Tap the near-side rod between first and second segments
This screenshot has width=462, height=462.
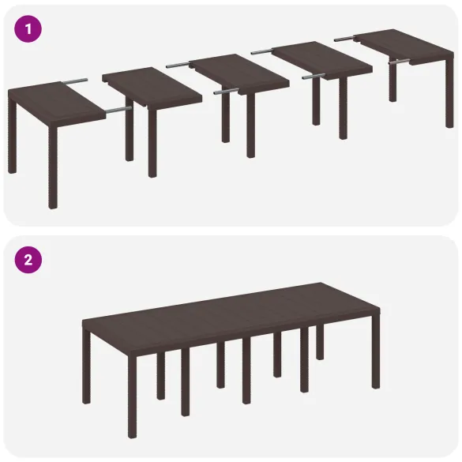pyautogui.click(x=117, y=109)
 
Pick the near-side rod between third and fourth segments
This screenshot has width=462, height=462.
pyautogui.click(x=313, y=77)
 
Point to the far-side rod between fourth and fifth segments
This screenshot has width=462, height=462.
pyautogui.click(x=344, y=37)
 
